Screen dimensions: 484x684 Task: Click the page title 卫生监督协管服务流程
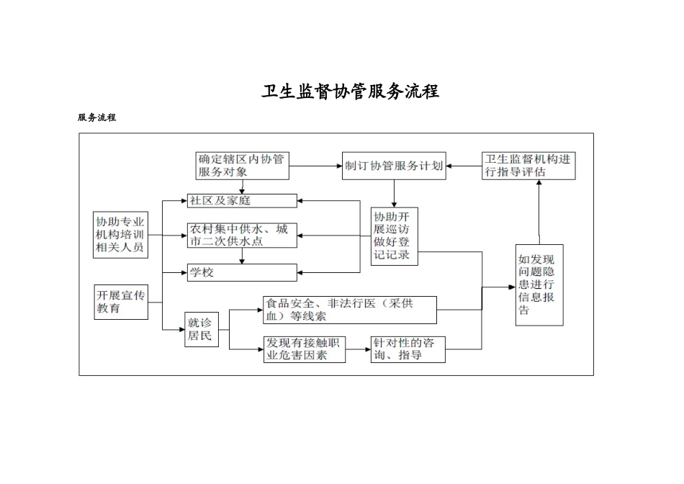(350, 92)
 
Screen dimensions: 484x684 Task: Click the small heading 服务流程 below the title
(97, 117)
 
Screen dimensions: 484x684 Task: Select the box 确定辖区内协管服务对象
(242, 165)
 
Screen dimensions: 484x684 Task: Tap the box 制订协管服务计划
(393, 165)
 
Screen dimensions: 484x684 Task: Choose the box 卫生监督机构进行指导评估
(528, 165)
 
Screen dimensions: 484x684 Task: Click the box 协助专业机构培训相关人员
(121, 235)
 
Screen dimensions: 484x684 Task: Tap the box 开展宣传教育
(121, 302)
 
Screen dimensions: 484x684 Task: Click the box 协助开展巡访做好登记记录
(394, 236)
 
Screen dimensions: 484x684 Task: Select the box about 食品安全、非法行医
(350, 310)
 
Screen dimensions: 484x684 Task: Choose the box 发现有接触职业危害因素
(305, 349)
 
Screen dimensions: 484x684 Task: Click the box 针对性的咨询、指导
(408, 349)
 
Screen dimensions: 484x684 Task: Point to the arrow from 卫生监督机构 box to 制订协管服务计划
(464, 166)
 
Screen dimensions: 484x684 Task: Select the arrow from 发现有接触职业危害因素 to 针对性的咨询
(358, 350)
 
